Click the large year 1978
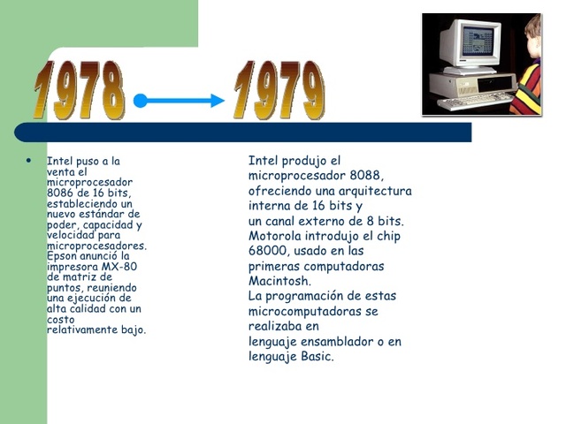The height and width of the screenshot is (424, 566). (79, 90)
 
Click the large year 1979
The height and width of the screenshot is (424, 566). (279, 90)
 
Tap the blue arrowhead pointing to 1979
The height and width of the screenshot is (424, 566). (217, 101)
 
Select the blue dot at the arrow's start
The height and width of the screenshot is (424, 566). (140, 101)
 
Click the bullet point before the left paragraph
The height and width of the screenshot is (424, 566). (28, 162)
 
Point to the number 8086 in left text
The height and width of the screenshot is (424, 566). (61, 193)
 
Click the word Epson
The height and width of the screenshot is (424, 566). (63, 256)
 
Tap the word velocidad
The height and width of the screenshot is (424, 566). (73, 235)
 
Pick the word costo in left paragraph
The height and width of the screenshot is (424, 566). (61, 319)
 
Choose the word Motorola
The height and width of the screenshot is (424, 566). (275, 236)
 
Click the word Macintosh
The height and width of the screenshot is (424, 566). (279, 281)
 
